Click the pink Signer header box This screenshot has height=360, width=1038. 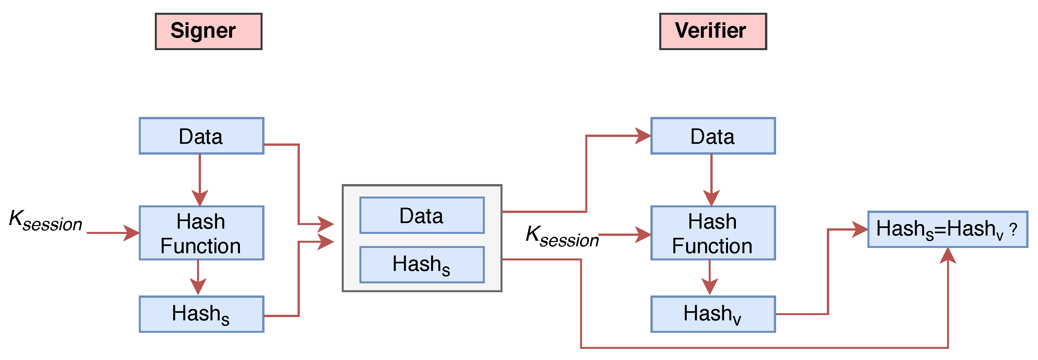pos(208,31)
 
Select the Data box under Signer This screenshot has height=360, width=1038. pos(201,136)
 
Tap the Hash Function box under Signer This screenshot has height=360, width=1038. pos(201,233)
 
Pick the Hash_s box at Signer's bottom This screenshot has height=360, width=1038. pos(201,314)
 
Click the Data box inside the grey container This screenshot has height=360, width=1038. pos(422,215)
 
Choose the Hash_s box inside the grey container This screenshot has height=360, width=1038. pos(422,264)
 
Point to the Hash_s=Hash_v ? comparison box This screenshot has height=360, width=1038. pos(947,229)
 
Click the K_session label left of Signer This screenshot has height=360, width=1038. pos(46,221)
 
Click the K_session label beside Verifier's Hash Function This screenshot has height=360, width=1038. pos(562,236)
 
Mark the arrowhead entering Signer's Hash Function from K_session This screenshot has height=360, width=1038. pos(132,233)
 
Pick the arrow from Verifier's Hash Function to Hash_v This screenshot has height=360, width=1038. pos(710,276)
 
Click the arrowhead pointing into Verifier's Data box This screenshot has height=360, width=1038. pos(643,136)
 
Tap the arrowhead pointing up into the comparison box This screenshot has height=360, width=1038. pos(948,256)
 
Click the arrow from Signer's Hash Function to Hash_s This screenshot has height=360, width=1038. pos(198,276)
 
